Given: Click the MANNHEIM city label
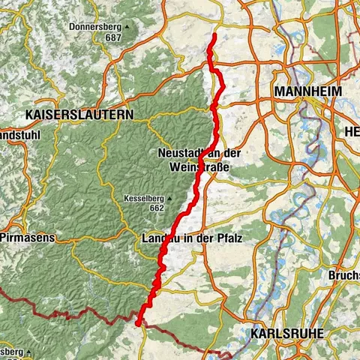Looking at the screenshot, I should [x=308, y=91].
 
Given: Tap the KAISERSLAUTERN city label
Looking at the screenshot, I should [x=79, y=115].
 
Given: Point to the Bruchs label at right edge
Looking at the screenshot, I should [x=343, y=275].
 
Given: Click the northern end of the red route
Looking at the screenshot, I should [x=214, y=35].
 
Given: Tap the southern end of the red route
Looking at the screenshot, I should [x=139, y=323].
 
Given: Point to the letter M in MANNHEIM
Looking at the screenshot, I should [x=280, y=91].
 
